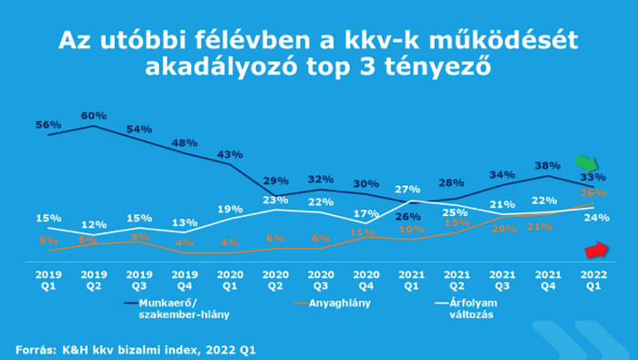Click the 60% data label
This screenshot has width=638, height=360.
[94, 116]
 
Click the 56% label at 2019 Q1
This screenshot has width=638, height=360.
[48, 124]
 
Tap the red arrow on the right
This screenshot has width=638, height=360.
[595, 249]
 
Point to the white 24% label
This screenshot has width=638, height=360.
[596, 217]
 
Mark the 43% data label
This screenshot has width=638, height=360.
[231, 154]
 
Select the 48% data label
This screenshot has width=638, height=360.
[185, 143]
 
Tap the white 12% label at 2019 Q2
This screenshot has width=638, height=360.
[94, 224]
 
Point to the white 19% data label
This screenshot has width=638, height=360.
[231, 209]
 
